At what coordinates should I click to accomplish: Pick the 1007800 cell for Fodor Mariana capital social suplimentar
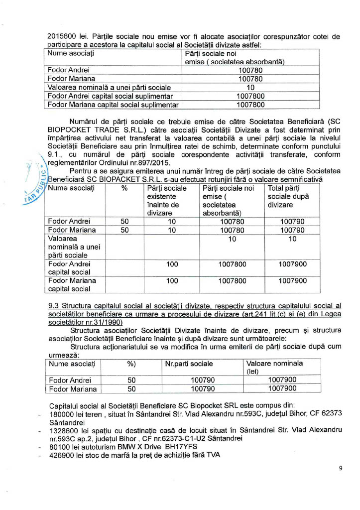tap(250, 105)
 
